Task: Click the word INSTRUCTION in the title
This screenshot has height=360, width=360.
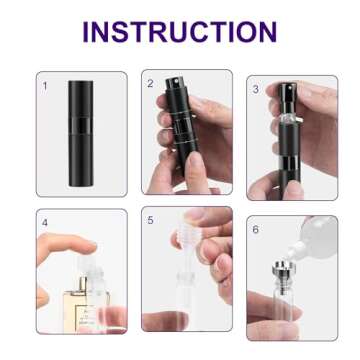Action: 179,31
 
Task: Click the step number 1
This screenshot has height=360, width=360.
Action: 45,85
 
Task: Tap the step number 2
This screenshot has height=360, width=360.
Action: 151,83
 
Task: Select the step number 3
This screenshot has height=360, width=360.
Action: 255,88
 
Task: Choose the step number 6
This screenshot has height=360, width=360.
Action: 255,229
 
